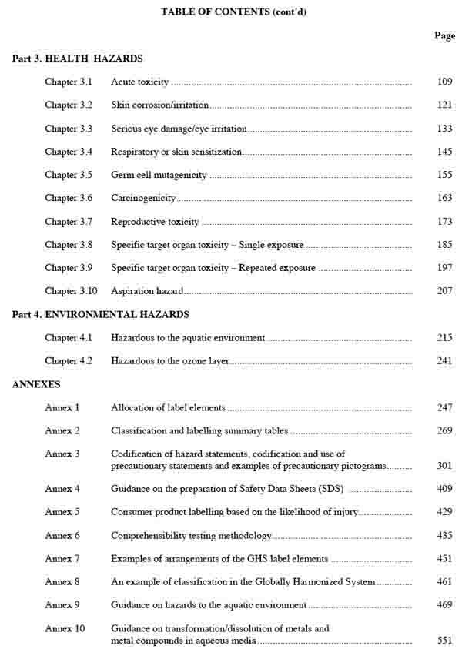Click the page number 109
[444, 82]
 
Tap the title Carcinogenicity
[143, 198]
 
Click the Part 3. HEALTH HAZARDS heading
[78, 59]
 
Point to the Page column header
[444, 35]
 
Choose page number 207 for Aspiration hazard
[444, 291]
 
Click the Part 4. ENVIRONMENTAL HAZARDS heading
[101, 314]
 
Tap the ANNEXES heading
[36, 383]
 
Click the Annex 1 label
[62, 407]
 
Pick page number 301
[444, 465]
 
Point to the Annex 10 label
[65, 628]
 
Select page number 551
[444, 640]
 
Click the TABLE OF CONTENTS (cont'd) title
[237, 12]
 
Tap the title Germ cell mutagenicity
[159, 175]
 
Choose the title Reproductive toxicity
[155, 222]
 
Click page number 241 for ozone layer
[444, 360]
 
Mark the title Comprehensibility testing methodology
[191, 535]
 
